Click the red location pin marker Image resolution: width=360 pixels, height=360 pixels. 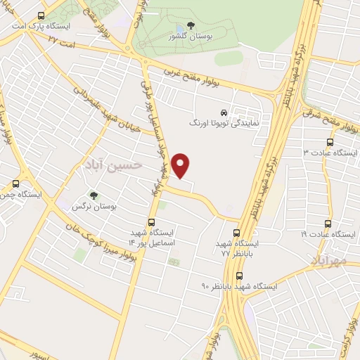click(x=181, y=165)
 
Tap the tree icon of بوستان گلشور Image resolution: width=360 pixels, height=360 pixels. click(x=191, y=26)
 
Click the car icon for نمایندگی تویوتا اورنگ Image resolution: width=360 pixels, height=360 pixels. click(x=224, y=112)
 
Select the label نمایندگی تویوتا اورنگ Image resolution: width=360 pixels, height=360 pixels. click(x=226, y=122)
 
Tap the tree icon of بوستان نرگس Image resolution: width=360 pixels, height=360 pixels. click(x=94, y=196)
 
